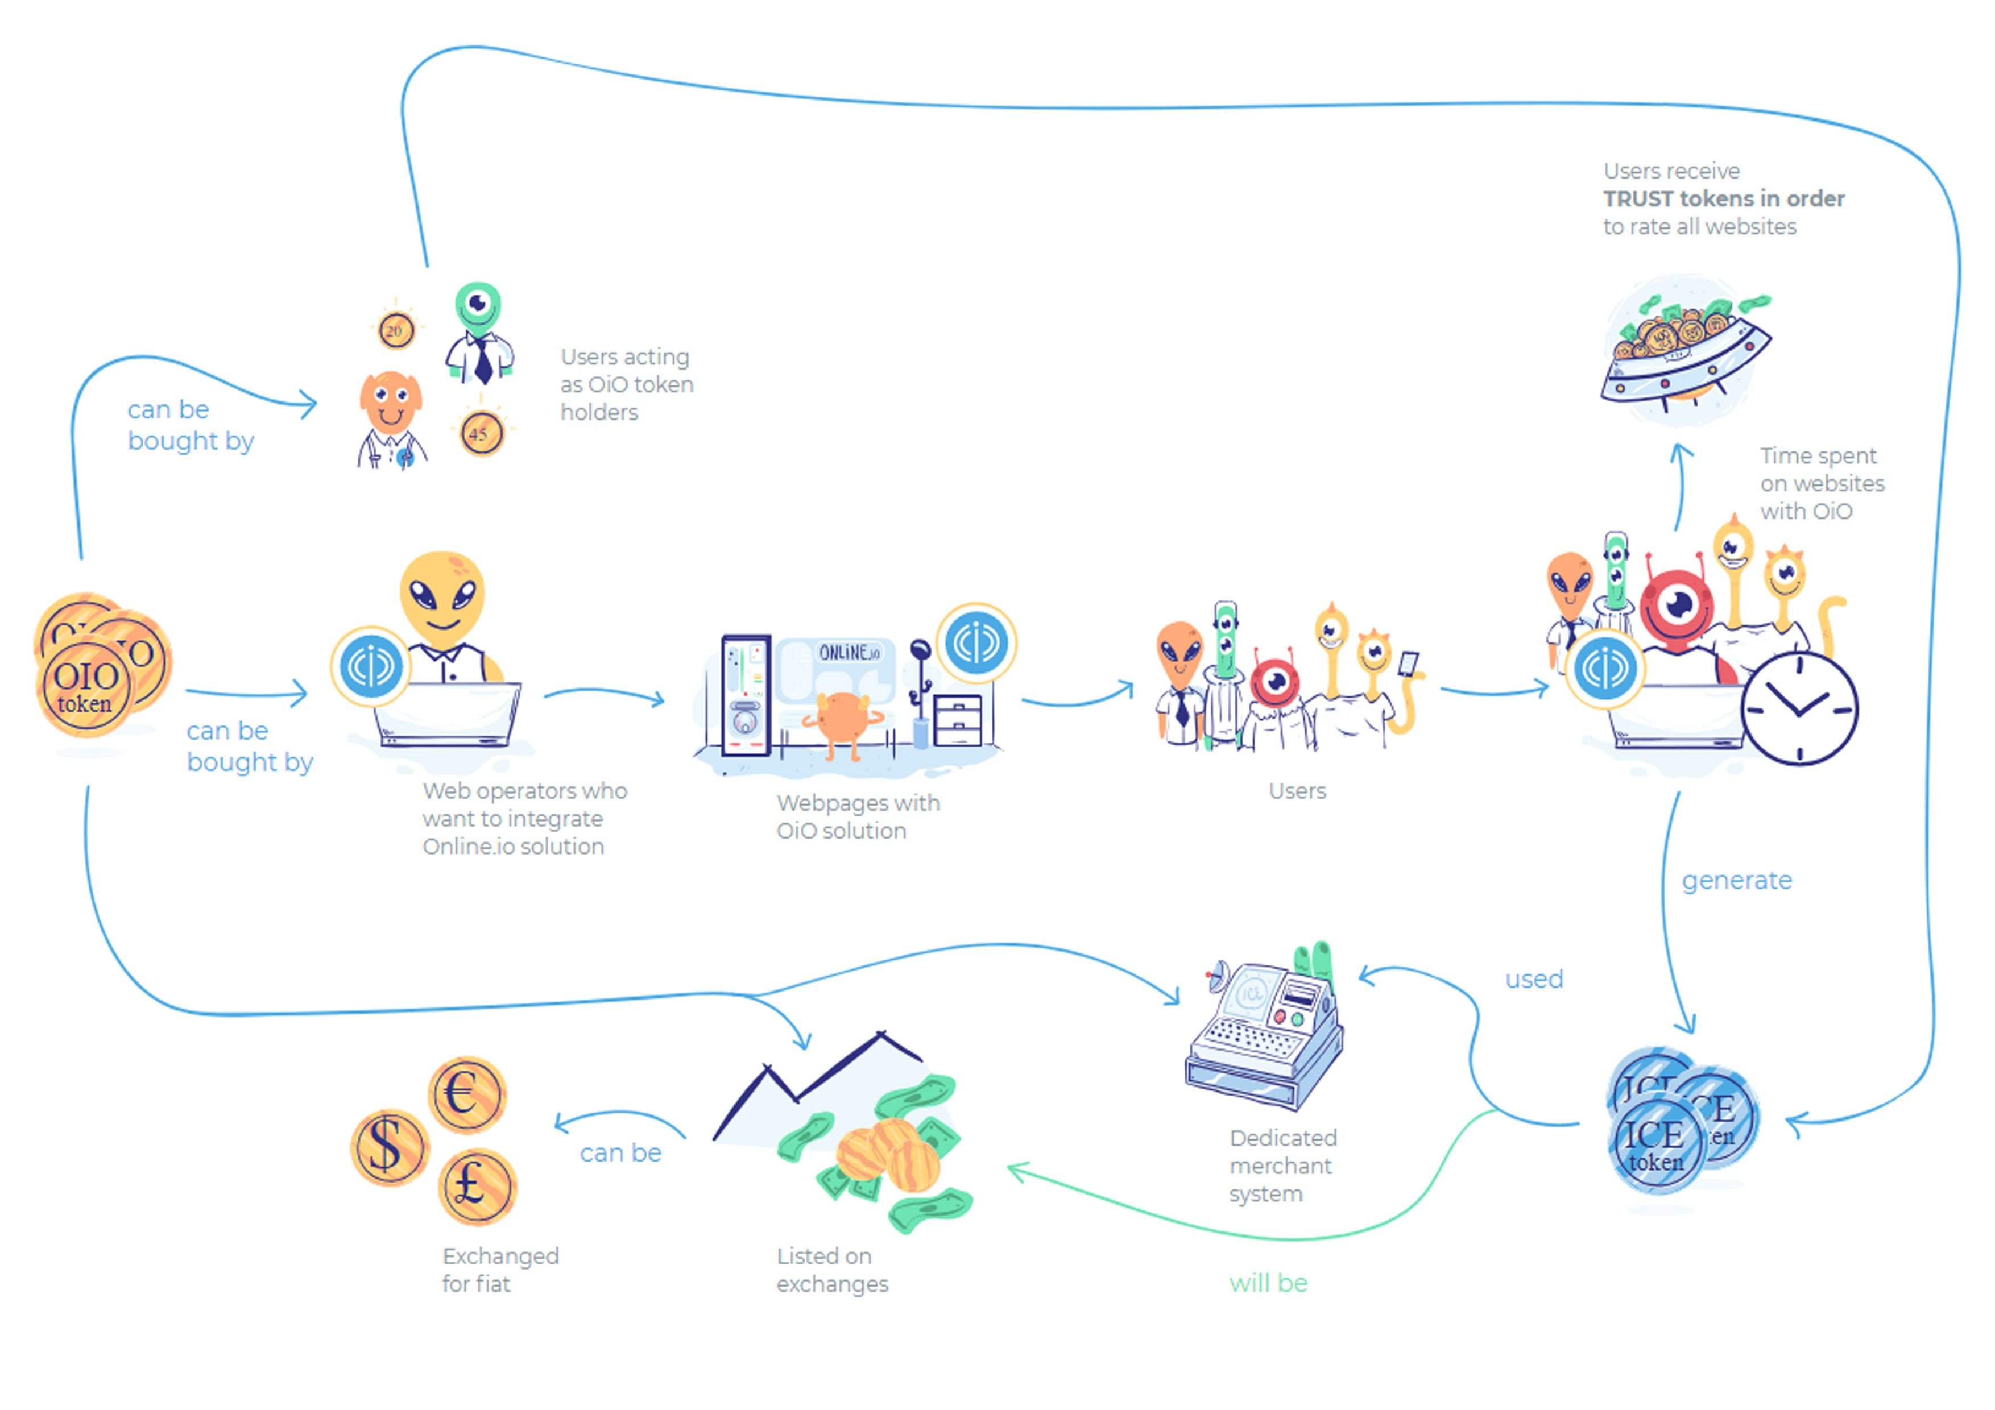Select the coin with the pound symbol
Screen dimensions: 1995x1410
click(x=477, y=1187)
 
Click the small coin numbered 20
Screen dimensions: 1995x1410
click(x=396, y=331)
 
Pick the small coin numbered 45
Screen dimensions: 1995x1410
click(x=481, y=433)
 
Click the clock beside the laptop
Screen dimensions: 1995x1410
click(x=1799, y=709)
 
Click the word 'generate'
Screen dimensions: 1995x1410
click(x=1736, y=881)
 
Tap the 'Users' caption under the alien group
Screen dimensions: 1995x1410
click(x=1297, y=791)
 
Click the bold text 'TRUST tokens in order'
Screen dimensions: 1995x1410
click(x=1724, y=199)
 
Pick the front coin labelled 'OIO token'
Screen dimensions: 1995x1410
click(x=84, y=687)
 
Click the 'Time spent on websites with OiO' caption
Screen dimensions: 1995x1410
click(x=1822, y=483)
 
